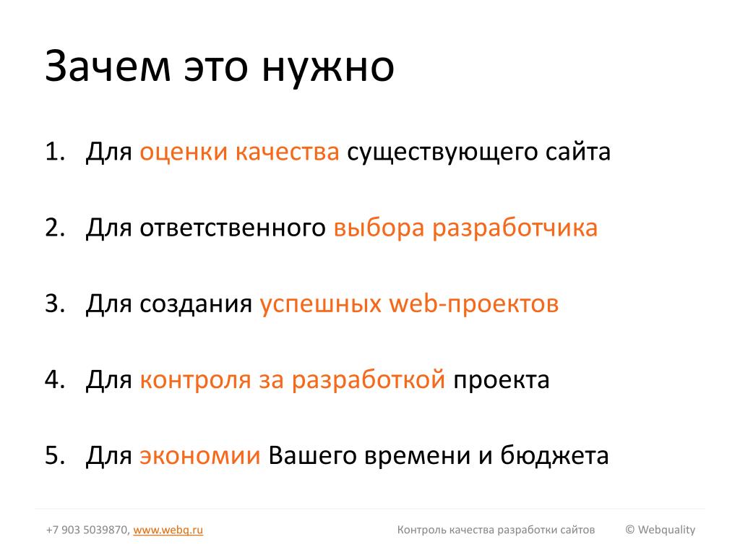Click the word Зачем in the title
click(108, 66)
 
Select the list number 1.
click(55, 152)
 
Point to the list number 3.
click(55, 304)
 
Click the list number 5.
click(55, 456)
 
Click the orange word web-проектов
click(474, 304)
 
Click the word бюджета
click(554, 456)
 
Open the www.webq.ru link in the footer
click(168, 530)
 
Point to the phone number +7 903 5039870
click(87, 530)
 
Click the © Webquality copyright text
click(661, 530)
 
